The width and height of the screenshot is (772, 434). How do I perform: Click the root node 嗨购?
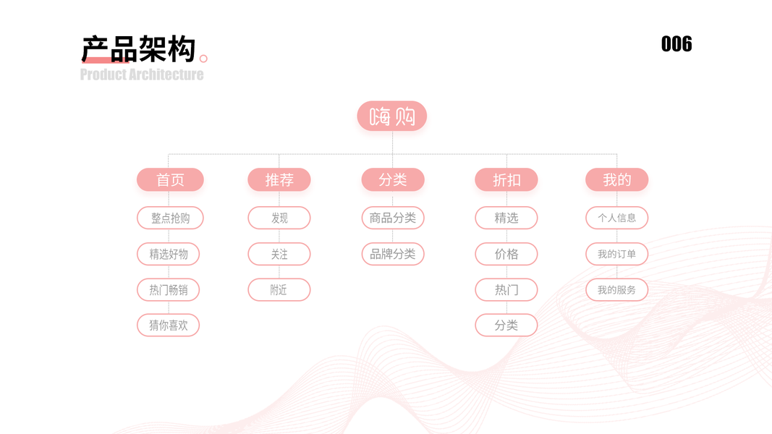point(392,116)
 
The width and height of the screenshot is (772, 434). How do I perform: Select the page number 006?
point(676,44)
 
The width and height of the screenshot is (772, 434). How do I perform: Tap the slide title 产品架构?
point(138,49)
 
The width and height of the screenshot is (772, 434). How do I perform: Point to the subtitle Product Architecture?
point(142,75)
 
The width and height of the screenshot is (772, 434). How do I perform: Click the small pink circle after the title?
point(203,59)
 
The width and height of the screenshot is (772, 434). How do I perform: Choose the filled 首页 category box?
point(170,179)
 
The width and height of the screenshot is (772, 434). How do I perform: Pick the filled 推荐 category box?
point(279,179)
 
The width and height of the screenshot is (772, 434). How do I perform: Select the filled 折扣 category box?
point(506,179)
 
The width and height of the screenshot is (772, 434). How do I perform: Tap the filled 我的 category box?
point(617,179)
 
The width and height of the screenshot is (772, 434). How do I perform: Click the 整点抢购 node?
point(170,218)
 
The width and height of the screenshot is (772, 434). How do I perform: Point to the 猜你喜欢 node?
point(169,325)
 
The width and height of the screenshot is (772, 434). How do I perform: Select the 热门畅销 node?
point(169,290)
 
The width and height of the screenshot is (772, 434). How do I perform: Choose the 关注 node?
point(279,254)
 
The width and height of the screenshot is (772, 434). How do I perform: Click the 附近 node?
point(279,290)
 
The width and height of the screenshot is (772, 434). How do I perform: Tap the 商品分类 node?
point(393,218)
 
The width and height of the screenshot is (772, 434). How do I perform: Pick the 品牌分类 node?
point(393,254)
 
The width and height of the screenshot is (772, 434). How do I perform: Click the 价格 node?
point(506,254)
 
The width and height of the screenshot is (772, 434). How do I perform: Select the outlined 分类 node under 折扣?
point(506,325)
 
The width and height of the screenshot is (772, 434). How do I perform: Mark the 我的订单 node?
point(617,254)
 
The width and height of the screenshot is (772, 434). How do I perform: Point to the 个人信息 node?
point(617,218)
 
